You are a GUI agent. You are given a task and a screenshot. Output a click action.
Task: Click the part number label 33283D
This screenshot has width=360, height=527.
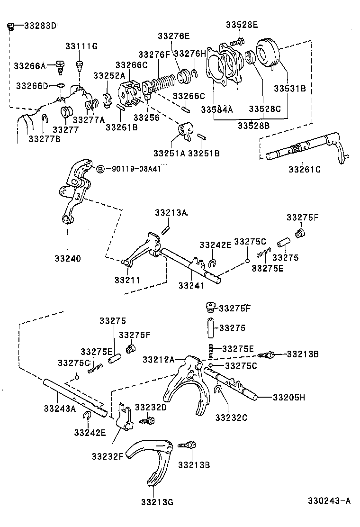40,25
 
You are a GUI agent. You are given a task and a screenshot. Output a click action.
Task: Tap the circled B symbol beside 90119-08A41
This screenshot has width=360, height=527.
100,169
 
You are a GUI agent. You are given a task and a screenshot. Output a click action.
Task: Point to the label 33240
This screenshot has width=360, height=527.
67,258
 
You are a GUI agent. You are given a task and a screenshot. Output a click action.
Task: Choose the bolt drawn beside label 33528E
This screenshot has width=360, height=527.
240,41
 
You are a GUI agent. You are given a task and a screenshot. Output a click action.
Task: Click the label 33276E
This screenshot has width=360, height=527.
173,36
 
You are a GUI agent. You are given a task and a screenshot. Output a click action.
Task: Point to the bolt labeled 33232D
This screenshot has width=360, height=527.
146,420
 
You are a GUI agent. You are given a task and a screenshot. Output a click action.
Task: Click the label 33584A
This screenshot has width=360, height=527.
217,109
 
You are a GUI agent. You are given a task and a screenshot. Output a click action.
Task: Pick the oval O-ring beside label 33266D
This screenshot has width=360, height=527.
60,86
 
